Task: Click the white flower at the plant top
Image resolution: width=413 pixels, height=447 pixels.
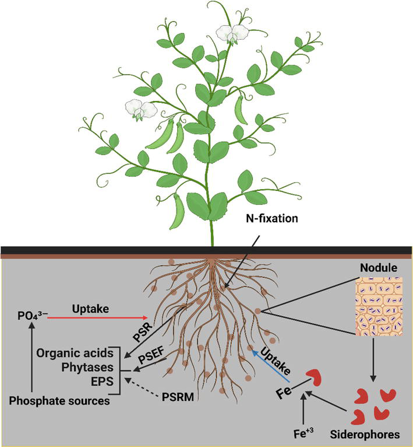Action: pos(231,34)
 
